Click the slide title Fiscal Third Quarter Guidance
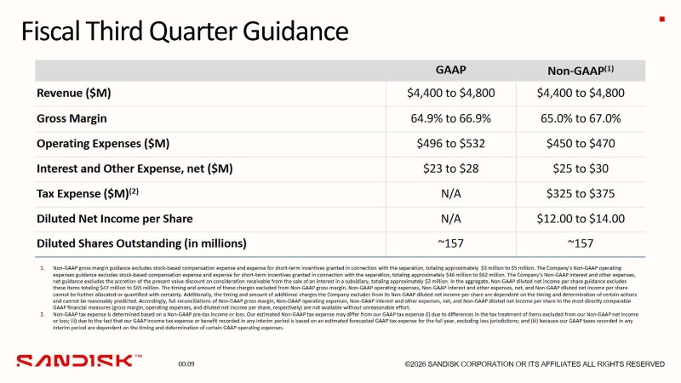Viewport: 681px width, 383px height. (x=184, y=32)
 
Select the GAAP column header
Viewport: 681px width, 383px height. (x=450, y=69)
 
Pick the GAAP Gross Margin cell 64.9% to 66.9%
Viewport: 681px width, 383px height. (x=450, y=118)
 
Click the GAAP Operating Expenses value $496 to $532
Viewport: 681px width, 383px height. (x=450, y=144)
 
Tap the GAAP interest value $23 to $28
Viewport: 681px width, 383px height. (x=450, y=169)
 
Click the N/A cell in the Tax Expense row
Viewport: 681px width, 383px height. (x=450, y=193)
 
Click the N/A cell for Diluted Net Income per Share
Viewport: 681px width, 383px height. (x=450, y=219)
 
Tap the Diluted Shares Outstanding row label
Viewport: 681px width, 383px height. (x=141, y=243)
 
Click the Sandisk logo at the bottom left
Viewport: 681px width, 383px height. (x=79, y=362)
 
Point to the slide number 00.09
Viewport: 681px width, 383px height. (x=186, y=364)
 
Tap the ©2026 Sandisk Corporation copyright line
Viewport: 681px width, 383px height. (x=535, y=364)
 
